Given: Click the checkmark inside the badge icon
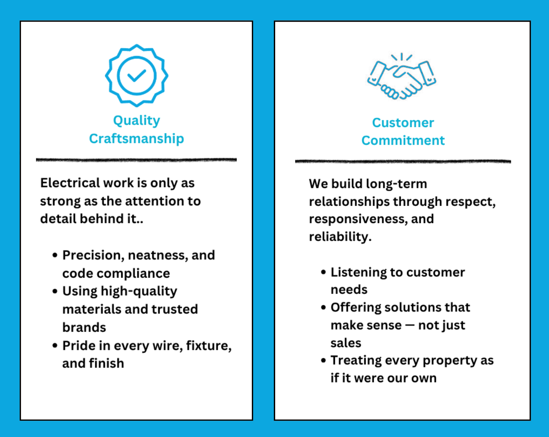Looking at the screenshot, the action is click(x=137, y=76).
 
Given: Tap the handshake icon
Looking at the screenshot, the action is click(x=402, y=76).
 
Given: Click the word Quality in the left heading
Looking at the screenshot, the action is click(x=137, y=121).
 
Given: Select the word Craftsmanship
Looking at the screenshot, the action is click(x=137, y=139).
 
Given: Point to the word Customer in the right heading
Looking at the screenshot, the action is click(x=403, y=123).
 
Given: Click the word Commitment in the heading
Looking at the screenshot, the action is click(x=403, y=141).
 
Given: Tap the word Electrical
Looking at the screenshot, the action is click(x=70, y=183).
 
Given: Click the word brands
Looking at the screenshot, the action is click(x=84, y=327).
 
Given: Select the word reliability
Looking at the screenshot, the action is click(x=340, y=237).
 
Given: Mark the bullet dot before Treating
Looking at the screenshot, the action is click(x=324, y=361).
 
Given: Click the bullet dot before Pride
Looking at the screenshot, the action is click(x=55, y=346).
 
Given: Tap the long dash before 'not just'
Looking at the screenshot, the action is click(x=410, y=325).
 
